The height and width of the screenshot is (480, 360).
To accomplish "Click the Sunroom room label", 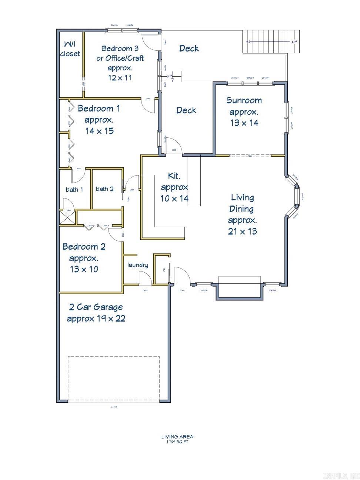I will pos(244,100).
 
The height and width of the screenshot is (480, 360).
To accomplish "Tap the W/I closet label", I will pos(70,49).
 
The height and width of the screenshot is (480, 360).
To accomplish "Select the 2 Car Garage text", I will pos(96,307).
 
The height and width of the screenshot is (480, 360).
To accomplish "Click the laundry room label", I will pos(137,265).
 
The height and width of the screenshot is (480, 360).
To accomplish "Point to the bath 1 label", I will pos(74,190).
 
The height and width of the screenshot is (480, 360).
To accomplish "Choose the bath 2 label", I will pos(104,189).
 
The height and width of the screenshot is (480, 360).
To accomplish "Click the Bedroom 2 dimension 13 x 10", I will pos(84,269).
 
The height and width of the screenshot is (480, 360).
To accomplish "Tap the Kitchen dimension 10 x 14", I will pos(174,199).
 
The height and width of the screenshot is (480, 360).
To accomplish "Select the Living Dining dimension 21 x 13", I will pos(242,231).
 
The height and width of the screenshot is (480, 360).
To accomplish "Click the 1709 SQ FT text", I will pos(177,442).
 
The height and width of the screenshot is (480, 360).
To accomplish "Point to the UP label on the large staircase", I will pos(294,42).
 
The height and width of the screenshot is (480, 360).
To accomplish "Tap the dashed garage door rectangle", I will pos(113,379).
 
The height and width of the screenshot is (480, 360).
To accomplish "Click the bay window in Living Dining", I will pos(296,195).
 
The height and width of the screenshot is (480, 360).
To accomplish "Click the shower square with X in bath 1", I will pos(68,217).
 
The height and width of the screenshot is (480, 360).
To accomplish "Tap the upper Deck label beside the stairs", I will pos(189,49).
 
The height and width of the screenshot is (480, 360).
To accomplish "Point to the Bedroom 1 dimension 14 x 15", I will pos(99,131).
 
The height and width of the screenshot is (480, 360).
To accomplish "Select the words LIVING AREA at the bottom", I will pos(177,437).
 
